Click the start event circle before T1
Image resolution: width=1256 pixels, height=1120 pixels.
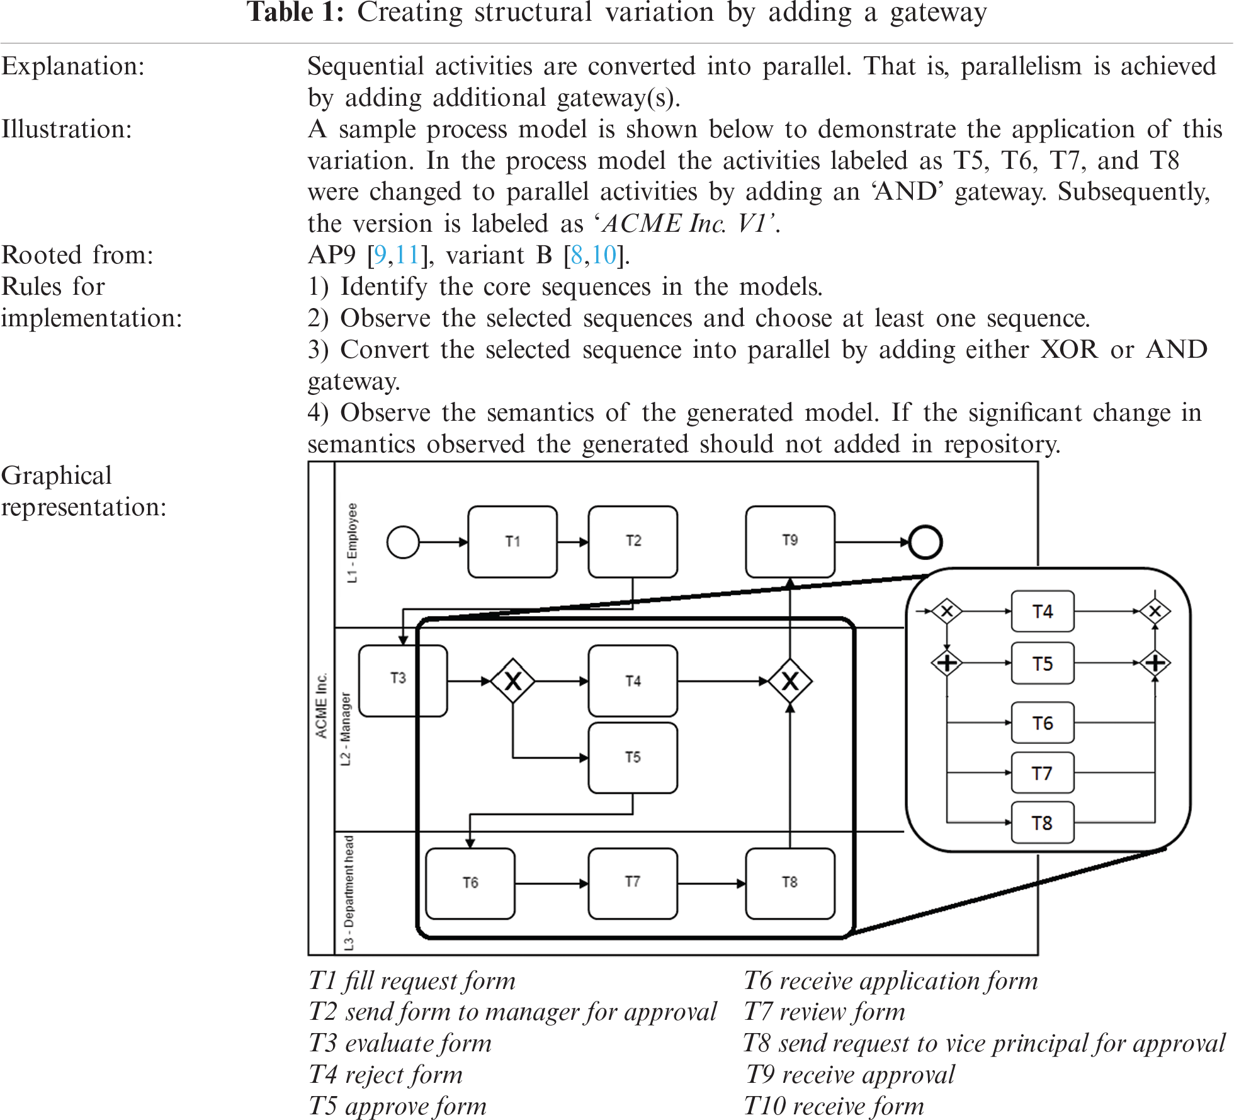403,542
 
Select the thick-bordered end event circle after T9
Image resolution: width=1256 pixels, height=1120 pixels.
925,542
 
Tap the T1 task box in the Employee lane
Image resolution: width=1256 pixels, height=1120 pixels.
512,542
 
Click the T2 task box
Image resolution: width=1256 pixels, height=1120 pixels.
633,542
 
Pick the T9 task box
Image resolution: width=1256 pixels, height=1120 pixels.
790,541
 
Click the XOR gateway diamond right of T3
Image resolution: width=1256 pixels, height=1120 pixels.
513,681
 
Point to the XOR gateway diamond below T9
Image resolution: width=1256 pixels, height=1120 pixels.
790,681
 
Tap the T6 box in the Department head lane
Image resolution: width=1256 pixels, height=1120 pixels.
470,883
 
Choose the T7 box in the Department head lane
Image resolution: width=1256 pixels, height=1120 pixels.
633,883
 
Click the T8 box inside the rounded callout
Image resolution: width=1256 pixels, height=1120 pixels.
1042,823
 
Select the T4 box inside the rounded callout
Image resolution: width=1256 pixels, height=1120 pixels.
1042,611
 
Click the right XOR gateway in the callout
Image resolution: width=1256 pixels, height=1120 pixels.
1155,611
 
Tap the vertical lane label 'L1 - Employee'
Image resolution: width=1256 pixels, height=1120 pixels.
352,542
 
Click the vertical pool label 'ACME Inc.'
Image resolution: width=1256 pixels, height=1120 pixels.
322,706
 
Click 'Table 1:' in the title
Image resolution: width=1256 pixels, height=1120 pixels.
295,13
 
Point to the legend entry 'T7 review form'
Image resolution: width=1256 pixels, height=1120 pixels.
824,1012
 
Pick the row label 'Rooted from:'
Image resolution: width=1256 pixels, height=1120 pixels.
77,255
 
